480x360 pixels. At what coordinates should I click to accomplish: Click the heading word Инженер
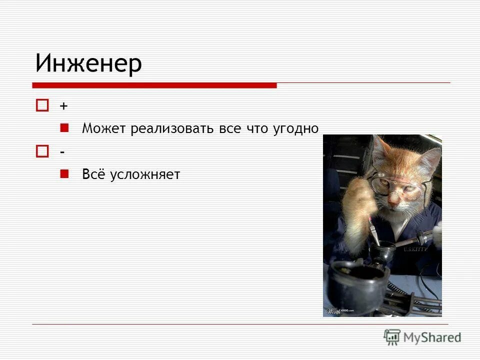click(x=88, y=63)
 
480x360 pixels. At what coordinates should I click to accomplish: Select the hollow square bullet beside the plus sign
click(x=42, y=105)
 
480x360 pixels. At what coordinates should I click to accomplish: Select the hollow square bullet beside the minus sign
click(x=42, y=151)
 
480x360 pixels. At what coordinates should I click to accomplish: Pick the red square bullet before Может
click(x=64, y=128)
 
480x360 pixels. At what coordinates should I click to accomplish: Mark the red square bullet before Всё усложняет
click(x=64, y=173)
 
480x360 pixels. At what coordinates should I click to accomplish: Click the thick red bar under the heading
click(x=155, y=85)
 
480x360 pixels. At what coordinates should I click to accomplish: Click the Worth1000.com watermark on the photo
click(x=340, y=311)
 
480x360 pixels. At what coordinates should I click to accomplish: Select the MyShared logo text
click(x=432, y=337)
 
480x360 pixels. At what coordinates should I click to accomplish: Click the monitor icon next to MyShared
click(x=392, y=337)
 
